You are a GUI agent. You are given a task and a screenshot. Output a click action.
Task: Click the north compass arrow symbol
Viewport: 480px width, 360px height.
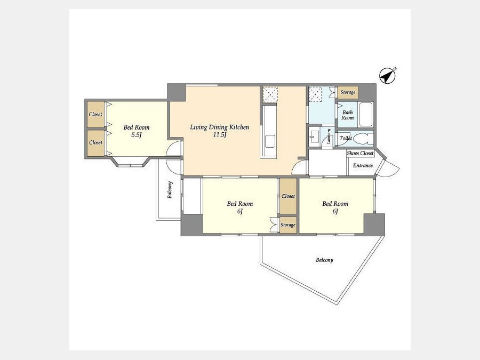pos(387,76)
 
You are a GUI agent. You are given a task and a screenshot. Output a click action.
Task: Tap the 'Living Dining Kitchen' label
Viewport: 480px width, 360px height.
pos(220,127)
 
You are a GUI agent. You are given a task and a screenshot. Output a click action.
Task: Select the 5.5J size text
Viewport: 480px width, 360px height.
pos(136,135)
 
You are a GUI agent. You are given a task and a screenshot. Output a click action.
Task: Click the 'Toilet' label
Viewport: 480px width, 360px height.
pos(346,138)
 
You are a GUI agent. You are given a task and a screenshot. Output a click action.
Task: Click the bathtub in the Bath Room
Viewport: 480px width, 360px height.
pos(365,115)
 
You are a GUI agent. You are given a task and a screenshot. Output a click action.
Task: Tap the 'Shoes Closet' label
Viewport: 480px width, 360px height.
pos(361,153)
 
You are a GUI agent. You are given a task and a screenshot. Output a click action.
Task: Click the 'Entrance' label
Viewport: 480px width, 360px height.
pos(363,165)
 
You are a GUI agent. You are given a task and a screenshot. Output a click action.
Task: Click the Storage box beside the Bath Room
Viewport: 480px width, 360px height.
pos(348,92)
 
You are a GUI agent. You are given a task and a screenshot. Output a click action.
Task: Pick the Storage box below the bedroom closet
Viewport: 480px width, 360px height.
pos(288,225)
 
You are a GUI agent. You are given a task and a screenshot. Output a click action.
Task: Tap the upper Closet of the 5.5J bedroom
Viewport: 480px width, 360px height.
pos(96,114)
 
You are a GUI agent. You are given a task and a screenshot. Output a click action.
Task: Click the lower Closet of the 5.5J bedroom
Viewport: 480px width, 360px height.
pos(96,143)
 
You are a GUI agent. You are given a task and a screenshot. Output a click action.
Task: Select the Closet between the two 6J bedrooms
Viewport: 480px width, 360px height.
pos(289,196)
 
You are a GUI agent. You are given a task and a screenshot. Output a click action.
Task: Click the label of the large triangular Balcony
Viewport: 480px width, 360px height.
pos(324,260)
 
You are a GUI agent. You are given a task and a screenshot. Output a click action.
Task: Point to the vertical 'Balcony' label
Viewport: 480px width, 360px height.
pos(170,190)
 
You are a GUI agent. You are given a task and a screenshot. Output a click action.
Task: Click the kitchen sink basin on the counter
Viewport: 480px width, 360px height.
pos(270,141)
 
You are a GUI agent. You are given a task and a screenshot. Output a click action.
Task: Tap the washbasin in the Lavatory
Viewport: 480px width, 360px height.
pos(314,136)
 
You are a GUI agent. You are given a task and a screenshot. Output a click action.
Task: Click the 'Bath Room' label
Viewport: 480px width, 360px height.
pos(348,115)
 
